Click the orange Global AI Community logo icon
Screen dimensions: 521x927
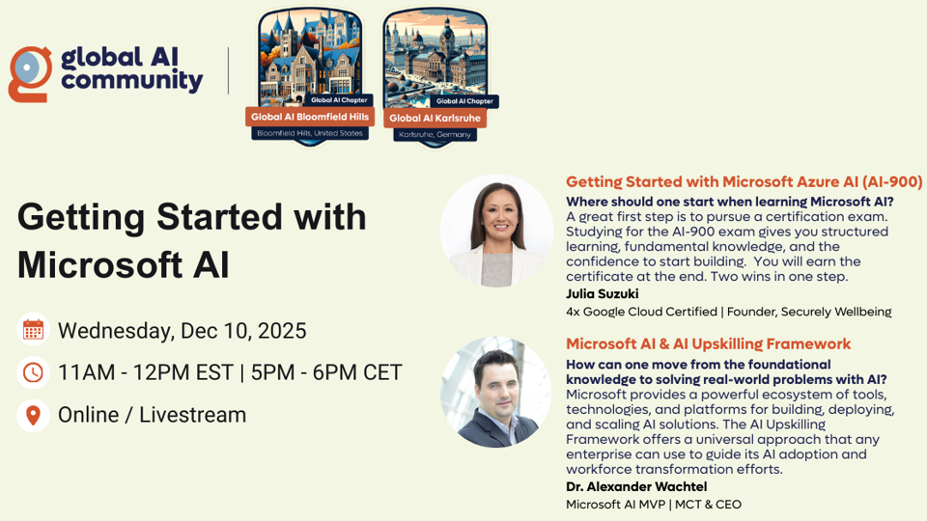point(29,73)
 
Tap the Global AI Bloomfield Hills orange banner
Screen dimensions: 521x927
point(309,117)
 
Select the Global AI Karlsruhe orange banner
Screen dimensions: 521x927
point(435,118)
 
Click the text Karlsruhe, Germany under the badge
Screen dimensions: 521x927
point(435,135)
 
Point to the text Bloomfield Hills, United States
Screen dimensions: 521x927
point(309,133)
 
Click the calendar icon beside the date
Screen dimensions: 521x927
point(33,331)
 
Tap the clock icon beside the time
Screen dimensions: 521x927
point(33,372)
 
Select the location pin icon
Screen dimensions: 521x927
point(33,415)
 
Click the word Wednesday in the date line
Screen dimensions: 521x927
point(113,331)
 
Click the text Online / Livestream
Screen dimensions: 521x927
point(152,415)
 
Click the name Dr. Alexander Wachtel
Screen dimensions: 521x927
point(637,486)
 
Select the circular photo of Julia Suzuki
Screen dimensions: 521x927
point(496,231)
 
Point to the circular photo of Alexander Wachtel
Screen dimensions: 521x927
point(496,392)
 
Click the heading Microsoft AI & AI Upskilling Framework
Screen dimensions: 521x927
point(708,343)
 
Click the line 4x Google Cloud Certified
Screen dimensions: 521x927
point(646,312)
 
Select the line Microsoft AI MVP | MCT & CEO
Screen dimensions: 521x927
point(654,504)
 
